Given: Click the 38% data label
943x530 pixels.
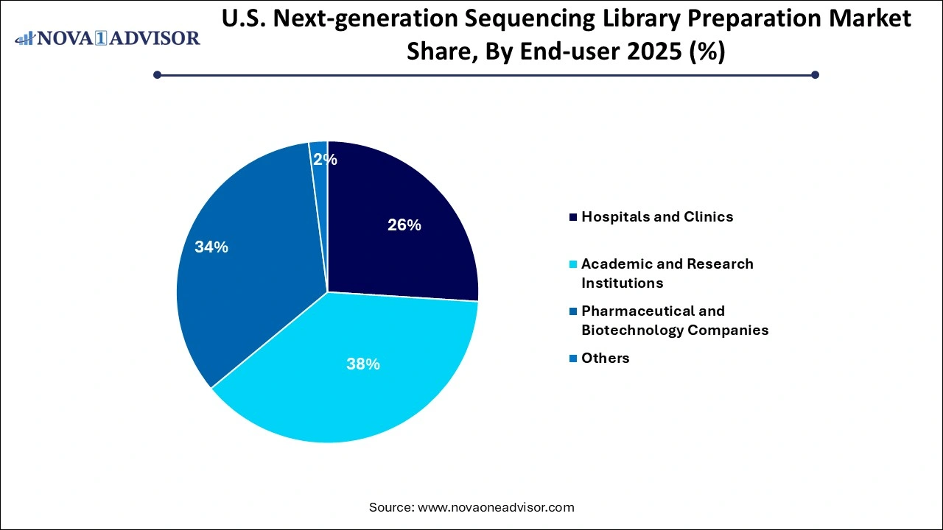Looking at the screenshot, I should [363, 364].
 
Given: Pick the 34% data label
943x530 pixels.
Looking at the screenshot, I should [211, 247].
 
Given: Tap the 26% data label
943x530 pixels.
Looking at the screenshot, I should [404, 225].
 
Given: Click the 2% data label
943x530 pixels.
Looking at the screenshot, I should [325, 159].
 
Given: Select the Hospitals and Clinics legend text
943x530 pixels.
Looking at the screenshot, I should [657, 216].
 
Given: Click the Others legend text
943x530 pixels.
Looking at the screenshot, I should [606, 358].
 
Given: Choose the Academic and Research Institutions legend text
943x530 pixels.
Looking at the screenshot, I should [667, 273].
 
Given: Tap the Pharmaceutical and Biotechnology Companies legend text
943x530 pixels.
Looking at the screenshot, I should [674, 320].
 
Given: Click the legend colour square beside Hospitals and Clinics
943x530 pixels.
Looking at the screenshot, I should [573, 216].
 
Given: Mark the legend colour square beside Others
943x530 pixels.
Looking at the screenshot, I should [573, 358].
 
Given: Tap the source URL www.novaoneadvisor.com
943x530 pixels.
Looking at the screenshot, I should [496, 507].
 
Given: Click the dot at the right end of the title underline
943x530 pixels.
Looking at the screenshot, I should [815, 74].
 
